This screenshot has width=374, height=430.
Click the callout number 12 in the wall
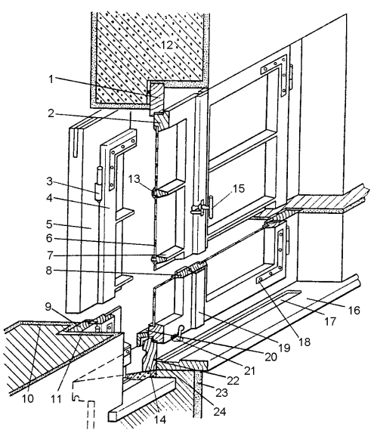(x=167, y=45)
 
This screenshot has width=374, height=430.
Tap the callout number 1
(x=51, y=79)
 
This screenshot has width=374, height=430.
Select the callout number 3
(x=49, y=181)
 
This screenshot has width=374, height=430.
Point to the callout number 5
(x=49, y=224)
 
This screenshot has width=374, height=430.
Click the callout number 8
(x=49, y=271)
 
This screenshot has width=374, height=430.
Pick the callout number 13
(x=134, y=179)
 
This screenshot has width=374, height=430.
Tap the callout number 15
(x=239, y=188)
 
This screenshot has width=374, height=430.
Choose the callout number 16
(x=354, y=310)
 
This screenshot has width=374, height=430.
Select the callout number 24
(x=220, y=411)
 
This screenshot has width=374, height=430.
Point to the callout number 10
(x=27, y=398)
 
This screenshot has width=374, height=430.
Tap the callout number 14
(x=160, y=419)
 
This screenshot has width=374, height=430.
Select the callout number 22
(x=233, y=381)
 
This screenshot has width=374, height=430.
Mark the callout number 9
(x=48, y=306)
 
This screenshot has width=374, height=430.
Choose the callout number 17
(x=330, y=321)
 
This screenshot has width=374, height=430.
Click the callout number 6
(x=49, y=238)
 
